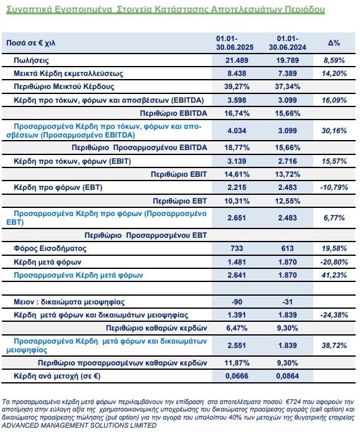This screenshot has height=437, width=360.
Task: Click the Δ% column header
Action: [334, 43]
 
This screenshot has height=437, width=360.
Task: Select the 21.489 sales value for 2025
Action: [237, 60]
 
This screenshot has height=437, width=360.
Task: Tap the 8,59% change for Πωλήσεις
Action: [334, 60]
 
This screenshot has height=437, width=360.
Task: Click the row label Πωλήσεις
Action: [31, 60]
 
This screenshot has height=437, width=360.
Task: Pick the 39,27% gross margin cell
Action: [237, 87]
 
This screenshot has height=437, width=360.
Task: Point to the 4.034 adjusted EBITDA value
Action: [237, 131]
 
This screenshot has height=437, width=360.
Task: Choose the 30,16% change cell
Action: [334, 131]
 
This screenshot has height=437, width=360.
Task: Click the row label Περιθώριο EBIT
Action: [179, 174]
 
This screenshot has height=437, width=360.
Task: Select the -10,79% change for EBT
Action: [334, 187]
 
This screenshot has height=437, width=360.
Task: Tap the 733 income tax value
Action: [237, 248]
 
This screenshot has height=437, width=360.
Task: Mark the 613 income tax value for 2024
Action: [288, 248]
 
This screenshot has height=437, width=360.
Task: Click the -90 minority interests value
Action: [237, 302]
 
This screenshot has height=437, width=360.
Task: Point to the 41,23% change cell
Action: [334, 275]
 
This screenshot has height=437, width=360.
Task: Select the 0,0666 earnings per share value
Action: [237, 376]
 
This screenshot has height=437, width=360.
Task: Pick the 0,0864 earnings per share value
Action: [288, 376]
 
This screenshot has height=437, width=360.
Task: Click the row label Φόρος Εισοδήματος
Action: [50, 248]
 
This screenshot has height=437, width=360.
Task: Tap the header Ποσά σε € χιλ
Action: [31, 43]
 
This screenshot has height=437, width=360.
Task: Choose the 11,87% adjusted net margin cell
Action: [237, 363]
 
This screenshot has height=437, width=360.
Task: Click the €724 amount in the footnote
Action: [293, 402]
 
